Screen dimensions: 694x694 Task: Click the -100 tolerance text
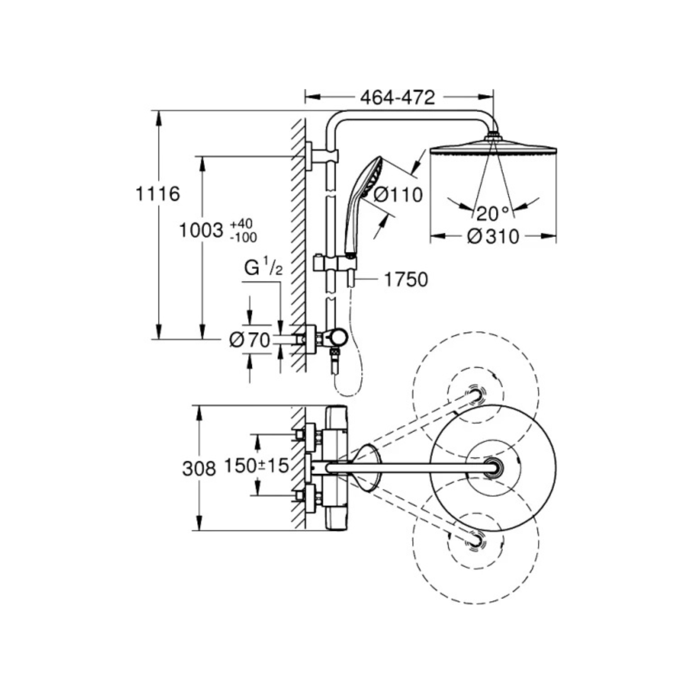(243, 238)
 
